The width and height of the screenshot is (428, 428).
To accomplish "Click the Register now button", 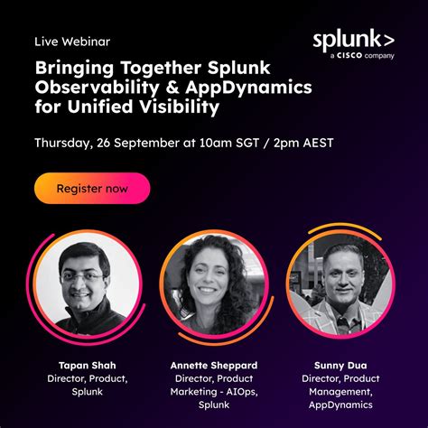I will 91,189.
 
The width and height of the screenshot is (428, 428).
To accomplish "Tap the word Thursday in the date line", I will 62,143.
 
